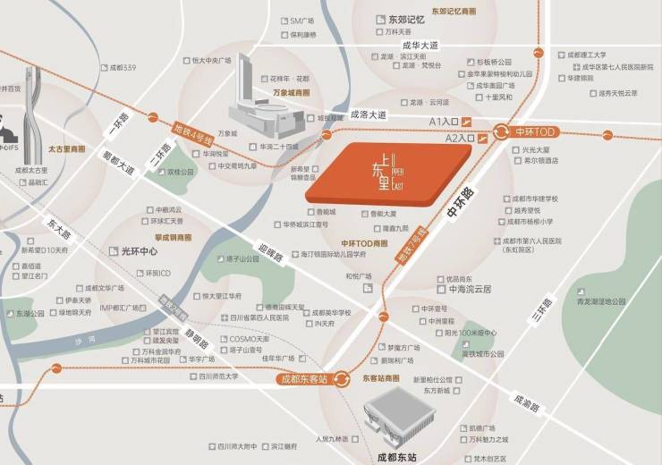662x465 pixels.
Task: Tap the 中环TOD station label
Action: (x=535, y=131)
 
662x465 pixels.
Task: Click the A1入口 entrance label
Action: (x=444, y=121)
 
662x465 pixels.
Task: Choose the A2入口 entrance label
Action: (x=458, y=139)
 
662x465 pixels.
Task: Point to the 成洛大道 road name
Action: (x=367, y=114)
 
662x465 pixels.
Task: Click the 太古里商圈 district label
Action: (x=67, y=148)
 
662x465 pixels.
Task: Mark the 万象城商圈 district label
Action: (x=291, y=92)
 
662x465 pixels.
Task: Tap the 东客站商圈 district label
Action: (x=381, y=378)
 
